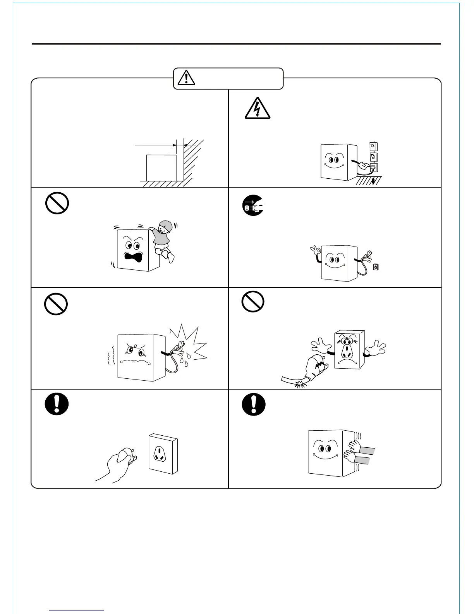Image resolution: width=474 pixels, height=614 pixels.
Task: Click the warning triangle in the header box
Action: [x=187, y=78]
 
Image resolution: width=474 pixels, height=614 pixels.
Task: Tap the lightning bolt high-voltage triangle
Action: [x=258, y=108]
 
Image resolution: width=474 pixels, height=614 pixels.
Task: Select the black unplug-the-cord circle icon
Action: [x=253, y=206]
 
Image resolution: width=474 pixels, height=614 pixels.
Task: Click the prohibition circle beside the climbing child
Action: [x=57, y=203]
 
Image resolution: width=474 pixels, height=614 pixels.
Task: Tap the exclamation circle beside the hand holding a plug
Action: [x=57, y=404]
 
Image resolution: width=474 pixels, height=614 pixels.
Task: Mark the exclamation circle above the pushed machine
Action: [x=254, y=404]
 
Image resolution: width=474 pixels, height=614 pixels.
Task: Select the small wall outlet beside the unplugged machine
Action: [x=375, y=267]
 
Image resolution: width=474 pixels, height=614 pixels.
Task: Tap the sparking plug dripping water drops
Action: [x=179, y=347]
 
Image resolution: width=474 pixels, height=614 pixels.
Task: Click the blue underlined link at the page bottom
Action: [x=77, y=611]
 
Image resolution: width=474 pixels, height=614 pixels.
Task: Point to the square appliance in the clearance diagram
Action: [x=161, y=168]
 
